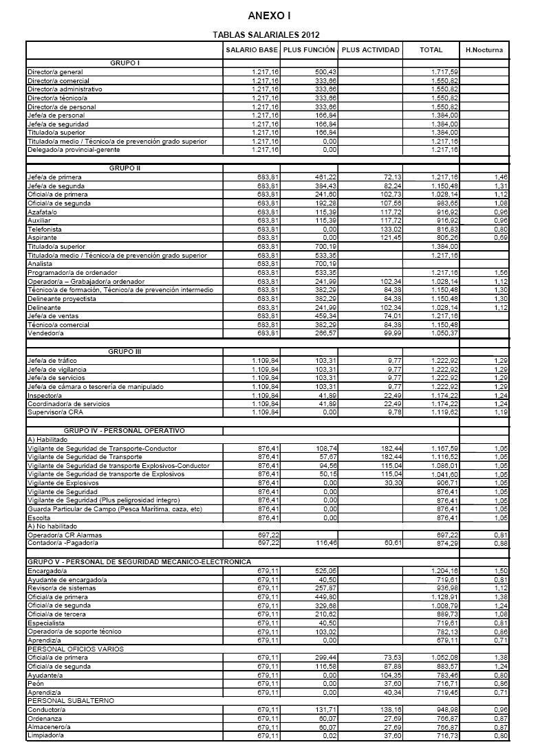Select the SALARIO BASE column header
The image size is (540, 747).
pos(251,50)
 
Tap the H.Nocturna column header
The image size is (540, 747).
pos(484,50)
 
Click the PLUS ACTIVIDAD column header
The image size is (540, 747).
pos(370,50)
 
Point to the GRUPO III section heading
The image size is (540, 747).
pos(125,352)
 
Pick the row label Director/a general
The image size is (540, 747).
pos(55,72)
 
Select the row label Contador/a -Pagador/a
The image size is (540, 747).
pos(60,544)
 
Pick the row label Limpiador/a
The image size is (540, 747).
pos(45,735)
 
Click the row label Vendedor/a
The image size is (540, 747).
pos(44,333)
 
